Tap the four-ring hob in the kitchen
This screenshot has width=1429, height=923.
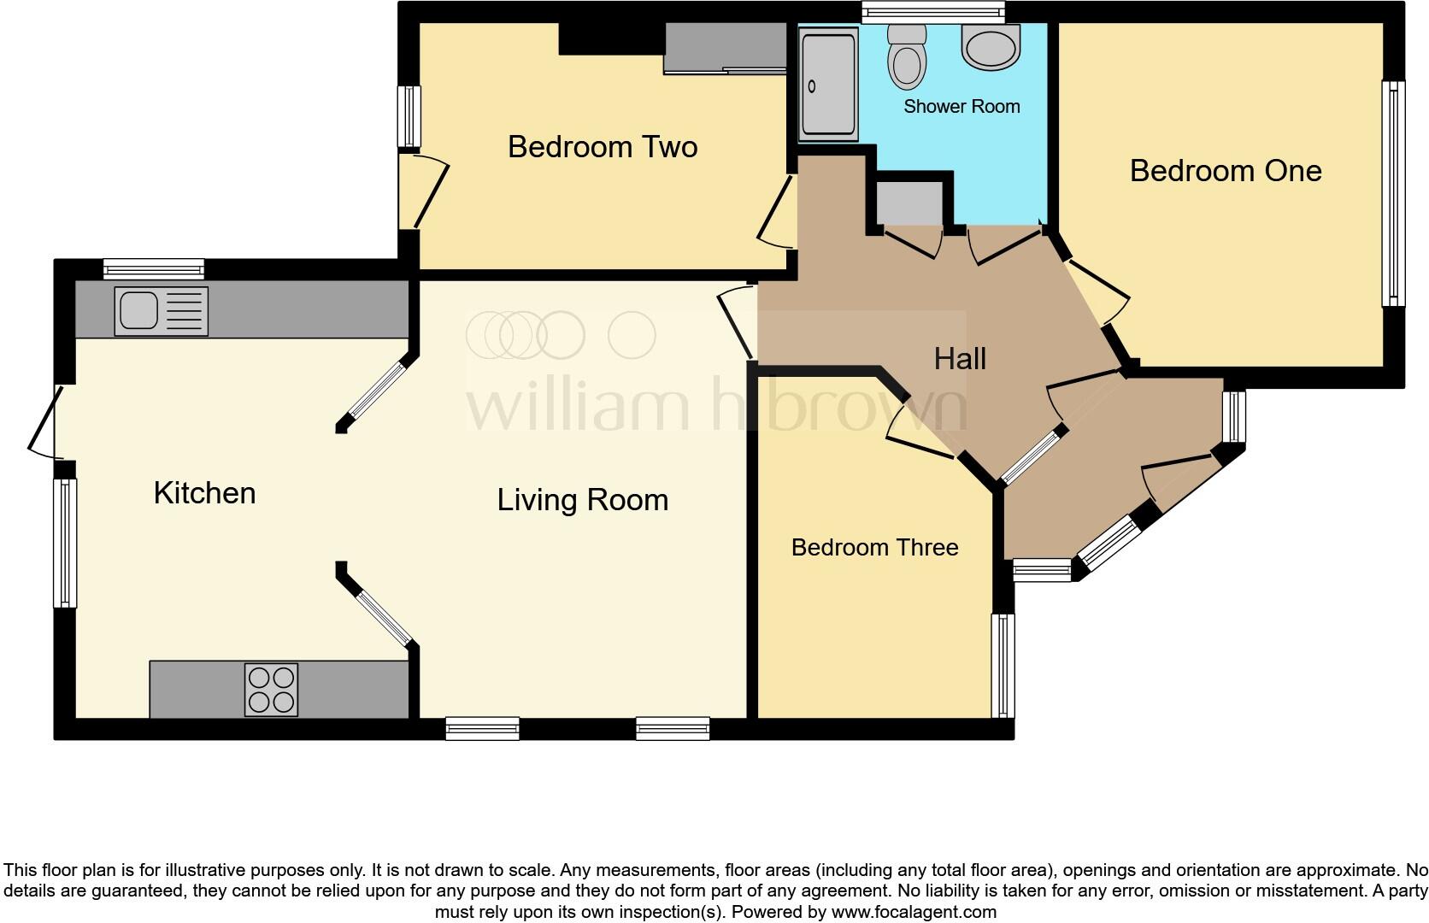[272, 689]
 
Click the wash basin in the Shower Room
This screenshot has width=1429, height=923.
[991, 45]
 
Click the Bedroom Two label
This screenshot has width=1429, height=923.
[603, 147]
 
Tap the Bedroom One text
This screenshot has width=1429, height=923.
[1226, 171]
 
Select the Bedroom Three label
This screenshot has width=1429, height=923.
[874, 547]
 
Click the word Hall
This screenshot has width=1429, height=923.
[960, 359]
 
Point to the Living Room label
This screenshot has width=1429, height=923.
[582, 500]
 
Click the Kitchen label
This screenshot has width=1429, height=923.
[204, 493]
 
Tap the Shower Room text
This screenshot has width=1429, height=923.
[961, 107]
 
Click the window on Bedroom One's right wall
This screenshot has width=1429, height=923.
[1394, 193]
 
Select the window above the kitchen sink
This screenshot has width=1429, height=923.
[154, 268]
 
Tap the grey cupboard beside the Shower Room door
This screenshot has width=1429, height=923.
[909, 203]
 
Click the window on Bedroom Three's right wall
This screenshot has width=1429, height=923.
[1003, 665]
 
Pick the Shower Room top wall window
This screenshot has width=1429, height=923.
[932, 11]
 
